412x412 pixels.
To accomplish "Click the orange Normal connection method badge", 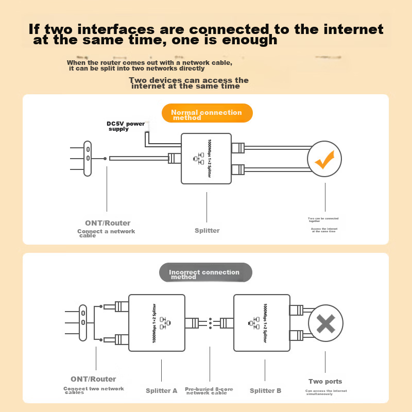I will (207, 114).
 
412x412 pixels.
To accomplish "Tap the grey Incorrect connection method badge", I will (204, 273).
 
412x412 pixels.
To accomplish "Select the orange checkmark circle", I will (325, 159).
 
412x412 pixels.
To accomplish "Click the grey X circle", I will (325, 324).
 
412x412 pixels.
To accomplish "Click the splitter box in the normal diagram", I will (207, 159).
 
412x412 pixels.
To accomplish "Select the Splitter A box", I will (157, 322).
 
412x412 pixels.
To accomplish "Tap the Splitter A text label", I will (161, 391).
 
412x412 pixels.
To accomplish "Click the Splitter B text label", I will (265, 391).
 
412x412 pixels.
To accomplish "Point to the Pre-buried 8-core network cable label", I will (209, 391).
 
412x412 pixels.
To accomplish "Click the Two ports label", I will (325, 382).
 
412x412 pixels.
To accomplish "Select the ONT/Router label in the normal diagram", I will (108, 223).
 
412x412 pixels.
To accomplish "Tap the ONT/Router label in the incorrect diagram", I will (93, 379).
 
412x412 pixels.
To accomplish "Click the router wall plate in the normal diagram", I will (88, 159).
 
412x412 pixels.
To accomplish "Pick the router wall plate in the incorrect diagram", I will (82, 322).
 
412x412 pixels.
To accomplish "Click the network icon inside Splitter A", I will (164, 323).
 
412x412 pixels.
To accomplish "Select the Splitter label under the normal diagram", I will (207, 231).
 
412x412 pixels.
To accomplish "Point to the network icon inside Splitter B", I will (253, 323).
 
